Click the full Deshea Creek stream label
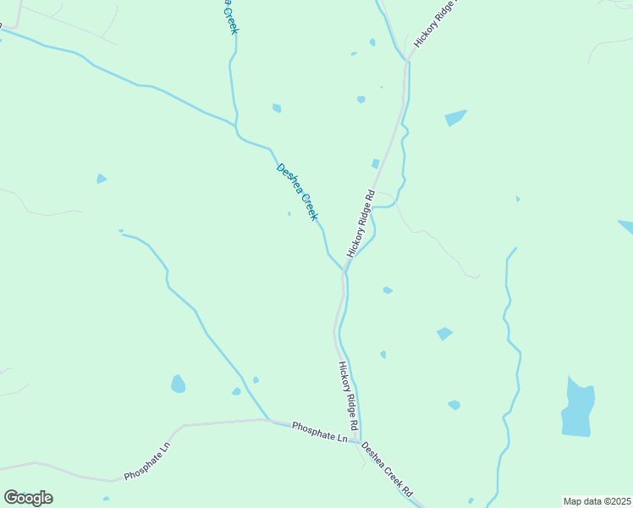(x=297, y=192)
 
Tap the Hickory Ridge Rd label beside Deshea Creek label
(x=361, y=224)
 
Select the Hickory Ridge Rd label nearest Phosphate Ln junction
(x=349, y=395)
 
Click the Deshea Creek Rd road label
(x=387, y=469)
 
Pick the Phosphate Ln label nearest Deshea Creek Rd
(x=320, y=433)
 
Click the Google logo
(x=28, y=497)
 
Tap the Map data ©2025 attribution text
(x=597, y=500)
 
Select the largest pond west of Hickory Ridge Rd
(x=178, y=384)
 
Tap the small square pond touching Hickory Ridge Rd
(x=375, y=163)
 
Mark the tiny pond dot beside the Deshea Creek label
(x=289, y=213)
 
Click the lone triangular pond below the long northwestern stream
(x=102, y=179)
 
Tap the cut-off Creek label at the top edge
(x=229, y=17)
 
